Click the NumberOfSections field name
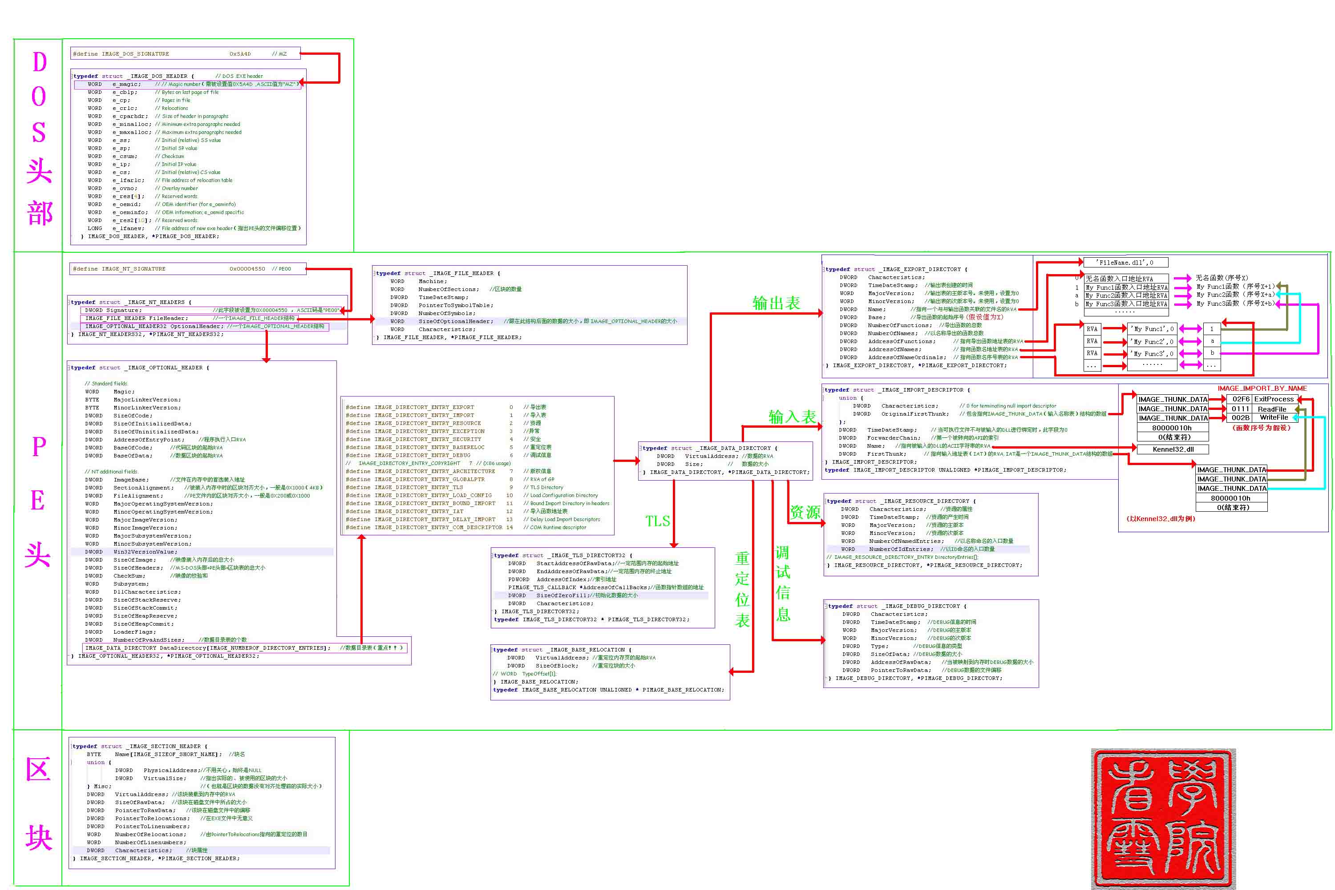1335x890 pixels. [449, 290]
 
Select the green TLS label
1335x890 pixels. [657, 521]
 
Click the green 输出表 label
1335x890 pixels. [776, 303]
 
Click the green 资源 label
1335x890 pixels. [805, 513]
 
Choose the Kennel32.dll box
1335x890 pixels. [1173, 449]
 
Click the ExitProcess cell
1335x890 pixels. [1274, 399]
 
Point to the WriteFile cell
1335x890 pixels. [1274, 418]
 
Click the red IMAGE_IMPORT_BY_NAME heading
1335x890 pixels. [1262, 388]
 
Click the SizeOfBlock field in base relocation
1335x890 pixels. [556, 666]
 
